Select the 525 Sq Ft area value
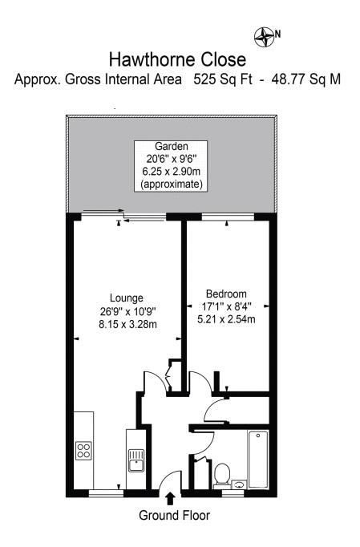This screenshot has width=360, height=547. click(x=228, y=80)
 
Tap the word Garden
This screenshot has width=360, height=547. click(x=172, y=147)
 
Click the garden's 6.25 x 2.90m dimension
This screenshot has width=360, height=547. click(x=172, y=172)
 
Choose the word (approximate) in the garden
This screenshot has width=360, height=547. click(x=172, y=184)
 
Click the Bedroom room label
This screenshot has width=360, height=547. click(x=226, y=294)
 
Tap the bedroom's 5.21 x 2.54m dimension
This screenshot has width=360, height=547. click(x=226, y=319)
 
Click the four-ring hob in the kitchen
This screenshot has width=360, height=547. click(x=83, y=451)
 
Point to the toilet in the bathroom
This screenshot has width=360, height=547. click(x=222, y=473)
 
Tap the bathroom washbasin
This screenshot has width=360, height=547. click(x=239, y=485)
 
